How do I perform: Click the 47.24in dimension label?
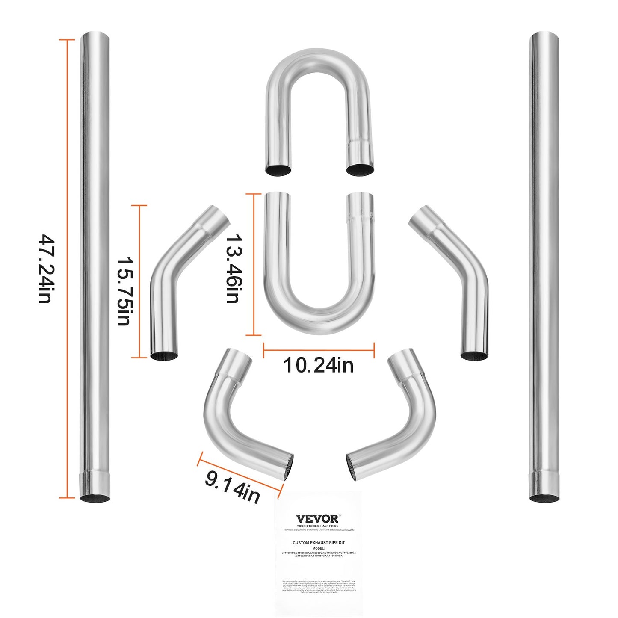click(x=45, y=268)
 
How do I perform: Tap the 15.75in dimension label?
click(x=124, y=291)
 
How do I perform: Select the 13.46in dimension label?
click(x=233, y=268)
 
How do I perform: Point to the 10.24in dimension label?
click(x=319, y=365)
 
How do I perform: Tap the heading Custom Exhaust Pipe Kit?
click(x=319, y=543)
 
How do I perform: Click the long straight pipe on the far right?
click(x=544, y=265)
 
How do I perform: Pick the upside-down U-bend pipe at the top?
click(x=319, y=107)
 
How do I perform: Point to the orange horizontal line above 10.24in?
click(x=319, y=350)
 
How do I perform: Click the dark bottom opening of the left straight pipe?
click(x=95, y=498)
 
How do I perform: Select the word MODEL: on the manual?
click(x=319, y=548)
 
